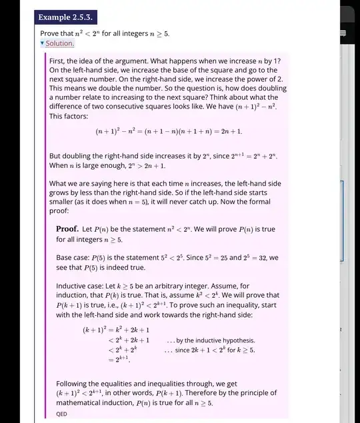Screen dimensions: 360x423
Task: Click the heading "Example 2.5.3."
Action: click(x=65, y=16)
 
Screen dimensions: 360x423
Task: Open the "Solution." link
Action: click(x=59, y=43)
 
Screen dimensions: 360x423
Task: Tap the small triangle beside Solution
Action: click(x=42, y=43)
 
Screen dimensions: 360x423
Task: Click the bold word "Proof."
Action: click(x=68, y=230)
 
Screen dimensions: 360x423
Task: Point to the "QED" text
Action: click(x=61, y=413)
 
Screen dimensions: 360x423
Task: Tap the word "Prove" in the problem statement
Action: click(x=51, y=33)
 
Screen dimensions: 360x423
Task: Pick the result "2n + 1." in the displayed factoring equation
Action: click(x=231, y=132)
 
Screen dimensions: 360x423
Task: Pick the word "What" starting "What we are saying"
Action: click(x=59, y=183)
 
